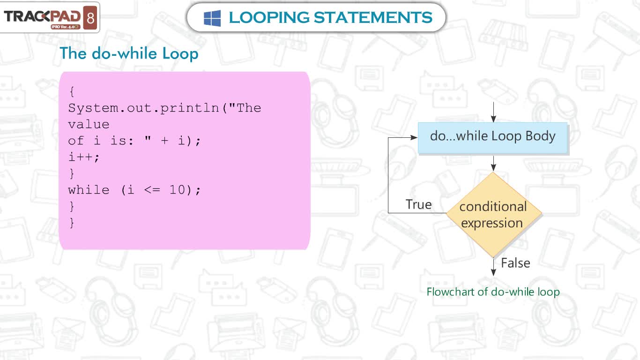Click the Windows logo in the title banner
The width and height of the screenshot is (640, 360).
pos(212,18)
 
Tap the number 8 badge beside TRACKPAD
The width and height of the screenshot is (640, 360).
pos(90,18)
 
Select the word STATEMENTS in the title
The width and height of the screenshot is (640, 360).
pos(373,17)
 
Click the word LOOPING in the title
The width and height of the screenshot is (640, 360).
pos(269,17)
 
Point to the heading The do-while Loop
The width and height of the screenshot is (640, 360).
pos(129,53)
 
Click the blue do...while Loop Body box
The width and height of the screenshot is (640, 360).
pos(492,138)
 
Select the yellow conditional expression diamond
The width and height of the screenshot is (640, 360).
pos(494,215)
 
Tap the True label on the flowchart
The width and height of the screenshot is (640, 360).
pos(418,204)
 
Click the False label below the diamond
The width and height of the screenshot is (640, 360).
pos(515,263)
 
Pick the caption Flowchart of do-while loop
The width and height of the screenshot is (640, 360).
pos(493,292)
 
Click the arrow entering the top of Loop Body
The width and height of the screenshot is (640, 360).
pos(493,112)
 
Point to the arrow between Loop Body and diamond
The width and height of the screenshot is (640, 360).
pos(493,163)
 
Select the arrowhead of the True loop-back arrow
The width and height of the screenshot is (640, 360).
pos(414,137)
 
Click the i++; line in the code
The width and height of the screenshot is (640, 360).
pos(84,157)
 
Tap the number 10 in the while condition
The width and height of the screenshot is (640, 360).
pos(177,189)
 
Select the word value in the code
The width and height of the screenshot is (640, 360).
pos(89,124)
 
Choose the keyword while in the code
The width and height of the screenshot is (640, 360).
pos(89,189)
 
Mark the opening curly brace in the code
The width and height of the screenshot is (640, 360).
pos(72,92)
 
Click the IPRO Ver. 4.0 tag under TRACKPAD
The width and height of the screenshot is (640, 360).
pos(65,27)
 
